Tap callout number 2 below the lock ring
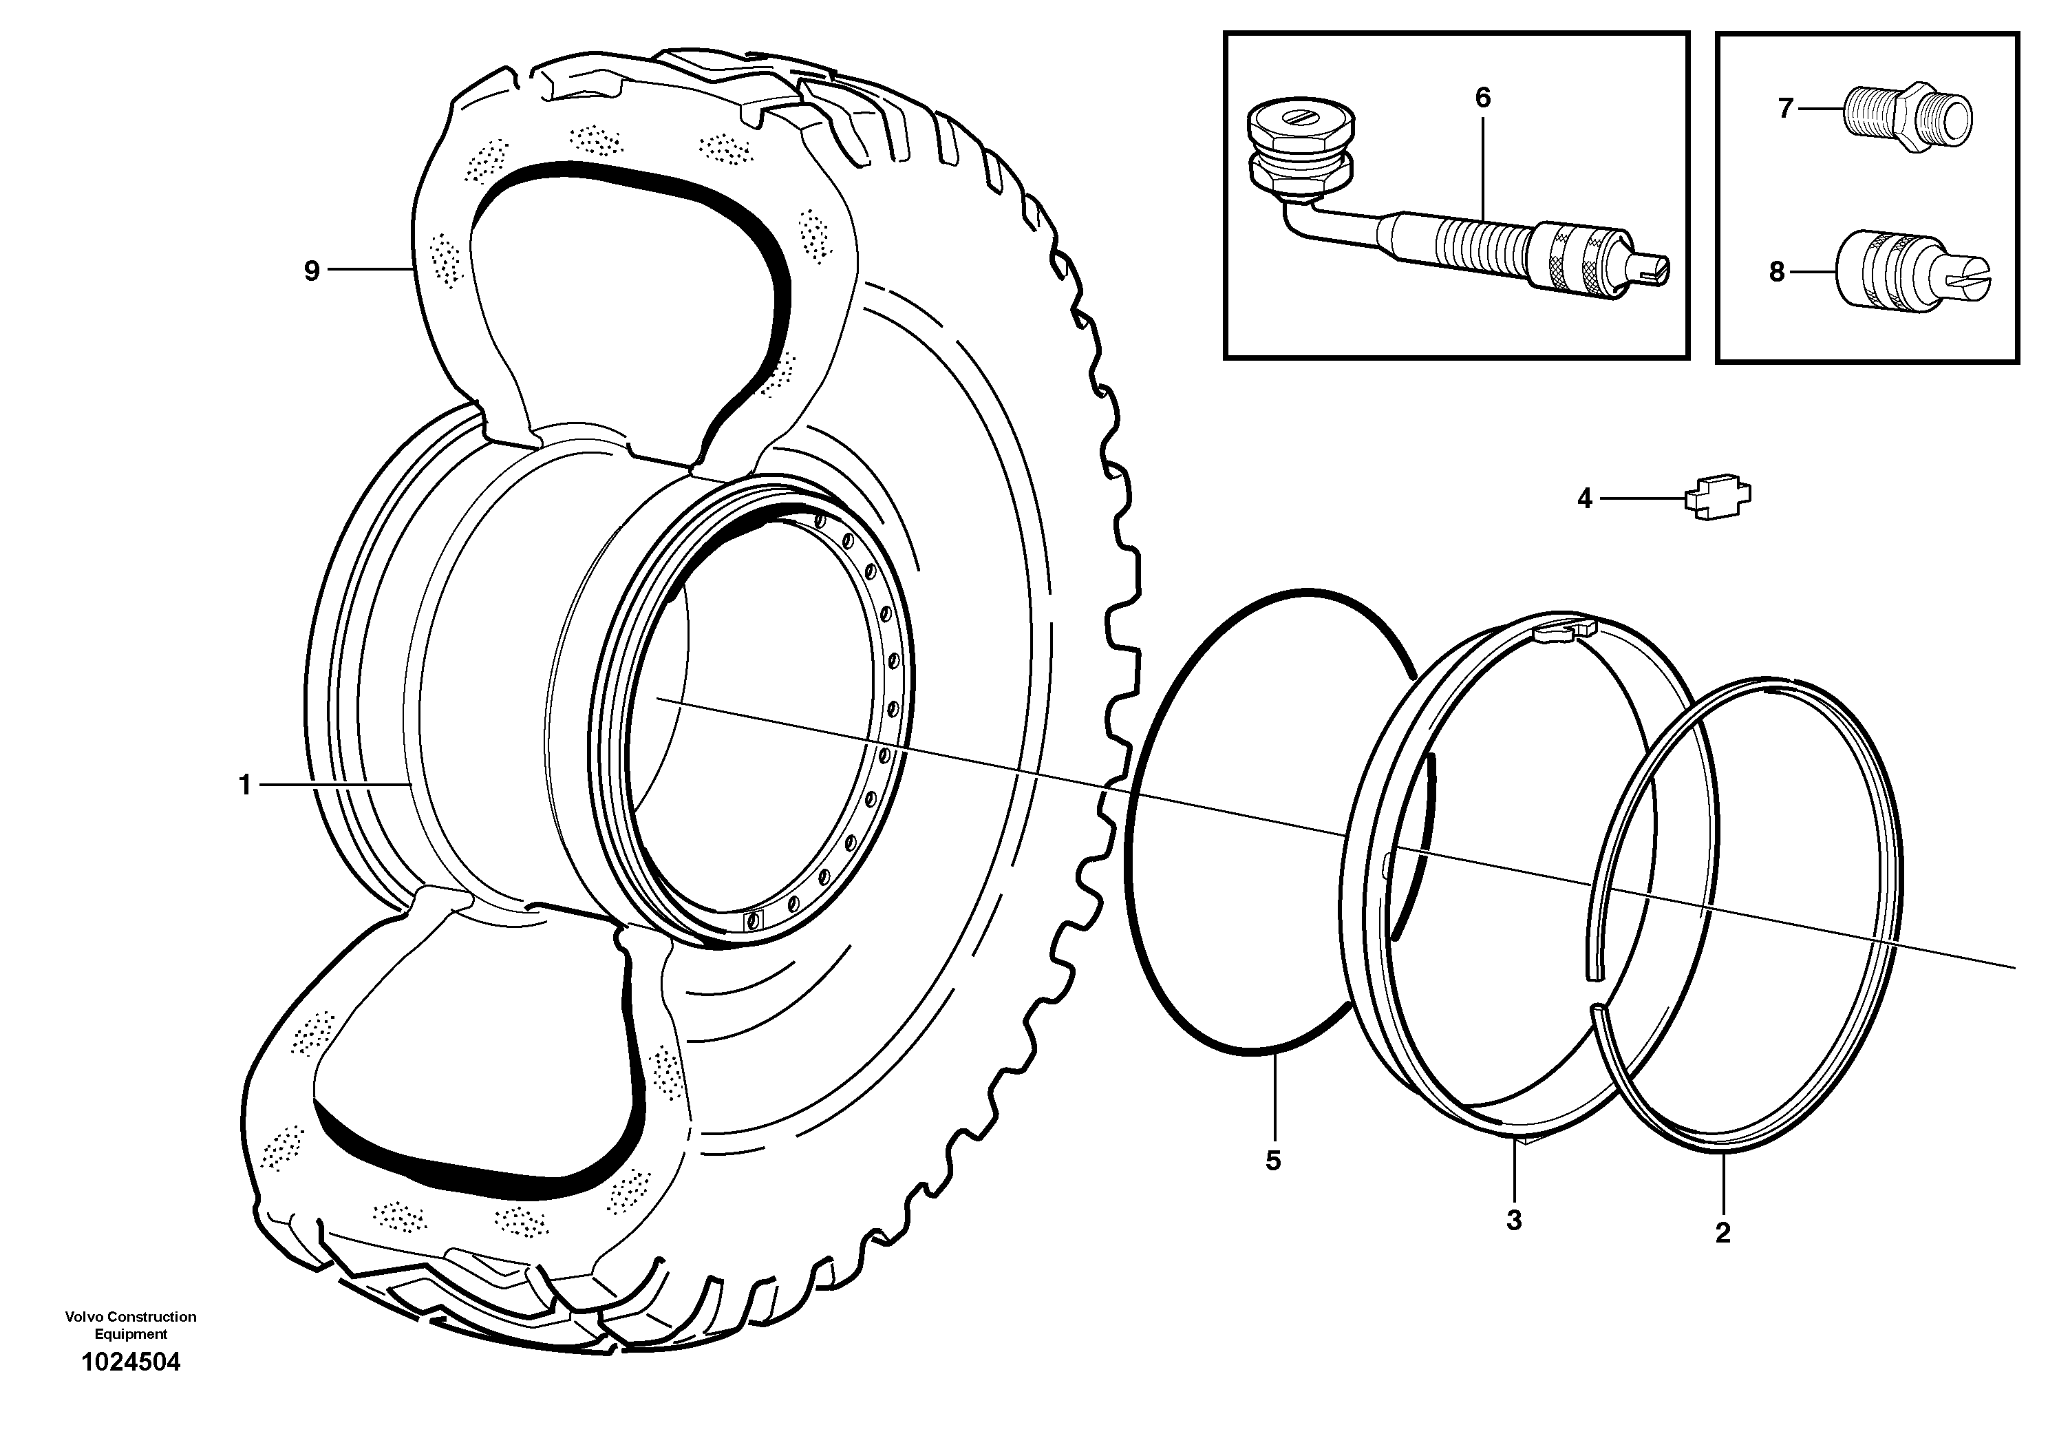[x=1722, y=1233]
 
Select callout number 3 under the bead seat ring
[x=1514, y=1221]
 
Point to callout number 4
[x=1584, y=498]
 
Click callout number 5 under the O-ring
[x=1273, y=1161]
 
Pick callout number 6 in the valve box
[x=1482, y=98]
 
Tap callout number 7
[x=1785, y=109]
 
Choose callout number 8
[x=1777, y=272]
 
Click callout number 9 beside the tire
[x=311, y=271]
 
